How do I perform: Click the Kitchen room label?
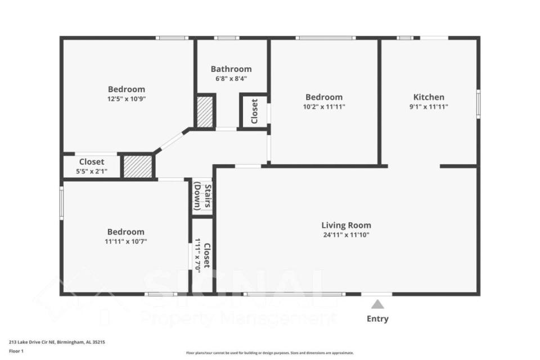(x=429, y=97)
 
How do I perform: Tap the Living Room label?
(x=346, y=225)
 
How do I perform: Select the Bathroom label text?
(x=231, y=69)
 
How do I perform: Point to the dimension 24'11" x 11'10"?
(x=346, y=235)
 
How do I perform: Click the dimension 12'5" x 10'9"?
(x=127, y=99)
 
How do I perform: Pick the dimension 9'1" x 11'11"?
(x=429, y=107)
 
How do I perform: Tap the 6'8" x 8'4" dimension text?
(x=231, y=79)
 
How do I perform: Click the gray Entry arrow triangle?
(x=377, y=304)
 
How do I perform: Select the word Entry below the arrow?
(x=377, y=319)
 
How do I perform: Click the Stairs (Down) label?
(x=202, y=197)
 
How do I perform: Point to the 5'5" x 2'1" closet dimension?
(x=92, y=171)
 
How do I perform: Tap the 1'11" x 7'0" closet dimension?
(x=198, y=256)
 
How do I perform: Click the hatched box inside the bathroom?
(x=205, y=111)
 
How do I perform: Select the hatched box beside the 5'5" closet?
(x=138, y=166)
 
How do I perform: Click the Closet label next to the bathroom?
(x=254, y=111)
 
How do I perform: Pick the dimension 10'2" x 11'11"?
(x=324, y=107)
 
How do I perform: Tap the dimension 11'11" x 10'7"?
(x=125, y=241)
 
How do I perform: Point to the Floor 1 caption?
(x=16, y=351)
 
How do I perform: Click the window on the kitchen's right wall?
(x=478, y=103)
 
